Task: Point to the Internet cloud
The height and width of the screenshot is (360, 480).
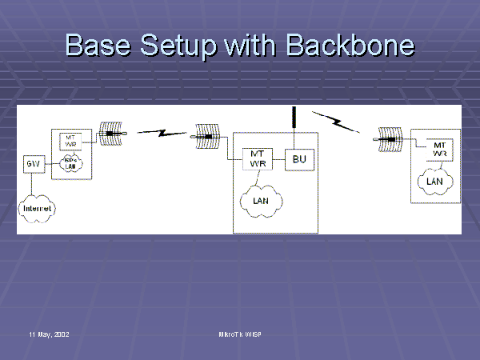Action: click(x=37, y=208)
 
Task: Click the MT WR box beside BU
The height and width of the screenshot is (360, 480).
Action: click(x=258, y=158)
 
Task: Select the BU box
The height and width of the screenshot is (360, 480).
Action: click(x=300, y=158)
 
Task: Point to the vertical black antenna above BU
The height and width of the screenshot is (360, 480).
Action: click(x=295, y=118)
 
